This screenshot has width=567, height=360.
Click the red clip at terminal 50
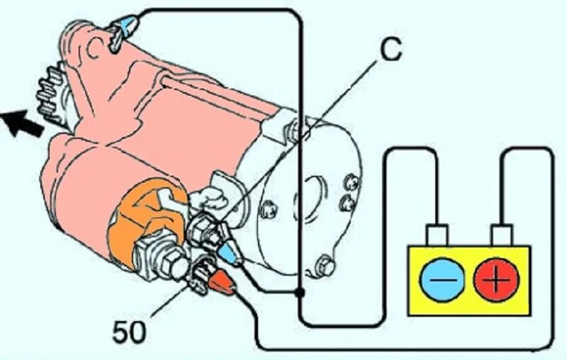tap(223, 282)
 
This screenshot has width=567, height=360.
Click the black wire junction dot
tap(301, 291)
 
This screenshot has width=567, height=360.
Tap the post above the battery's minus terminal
tap(435, 235)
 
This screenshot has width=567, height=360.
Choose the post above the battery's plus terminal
tap(503, 235)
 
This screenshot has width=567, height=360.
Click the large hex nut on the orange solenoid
tap(157, 255)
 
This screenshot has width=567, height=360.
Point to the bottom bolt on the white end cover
tap(325, 265)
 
